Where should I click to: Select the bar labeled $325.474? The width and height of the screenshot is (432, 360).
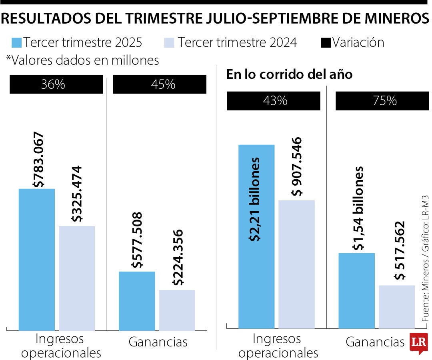tap(77, 278)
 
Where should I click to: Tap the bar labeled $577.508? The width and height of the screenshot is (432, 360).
tap(137, 301)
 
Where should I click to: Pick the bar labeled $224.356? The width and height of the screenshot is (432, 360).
tap(177, 310)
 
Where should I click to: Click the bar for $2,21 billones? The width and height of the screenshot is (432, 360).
tap(256, 236)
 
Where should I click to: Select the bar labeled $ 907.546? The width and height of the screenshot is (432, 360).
tap(296, 264)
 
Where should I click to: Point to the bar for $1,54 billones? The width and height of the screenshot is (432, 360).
tap(356, 290)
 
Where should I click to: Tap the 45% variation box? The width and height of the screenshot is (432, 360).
tap(160, 85)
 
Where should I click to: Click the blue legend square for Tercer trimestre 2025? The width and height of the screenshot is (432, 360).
tap(16, 42)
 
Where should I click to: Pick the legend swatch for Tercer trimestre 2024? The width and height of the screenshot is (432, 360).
tap(170, 42)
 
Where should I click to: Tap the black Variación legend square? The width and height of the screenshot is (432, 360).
tap(326, 42)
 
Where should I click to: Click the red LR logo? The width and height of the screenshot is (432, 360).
tap(419, 343)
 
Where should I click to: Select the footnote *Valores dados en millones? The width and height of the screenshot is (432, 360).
tap(82, 60)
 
